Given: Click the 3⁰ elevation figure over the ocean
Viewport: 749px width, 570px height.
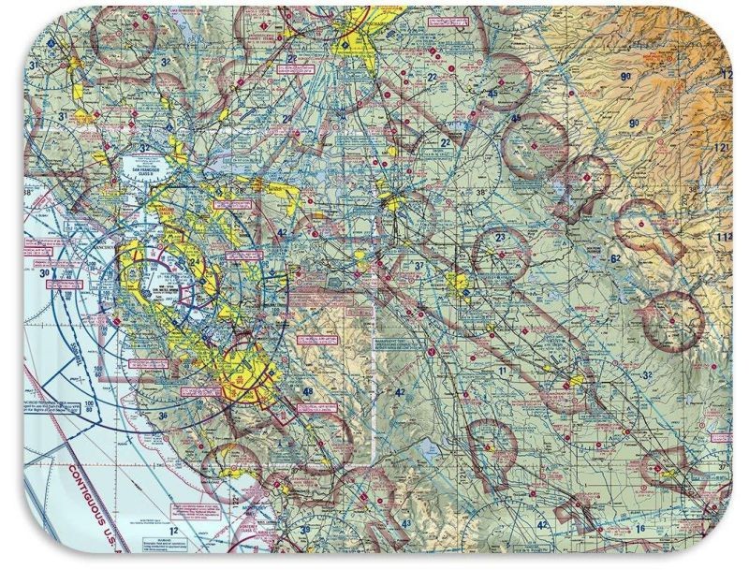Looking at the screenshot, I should [x=45, y=272].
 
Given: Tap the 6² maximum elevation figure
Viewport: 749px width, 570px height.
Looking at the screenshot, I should [x=615, y=258].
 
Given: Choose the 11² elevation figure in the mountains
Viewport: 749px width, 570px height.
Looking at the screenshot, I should [x=723, y=238].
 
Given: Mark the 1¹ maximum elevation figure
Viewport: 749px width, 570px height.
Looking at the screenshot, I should [x=503, y=372].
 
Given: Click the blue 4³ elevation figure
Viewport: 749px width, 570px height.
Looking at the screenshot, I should [x=405, y=523].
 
